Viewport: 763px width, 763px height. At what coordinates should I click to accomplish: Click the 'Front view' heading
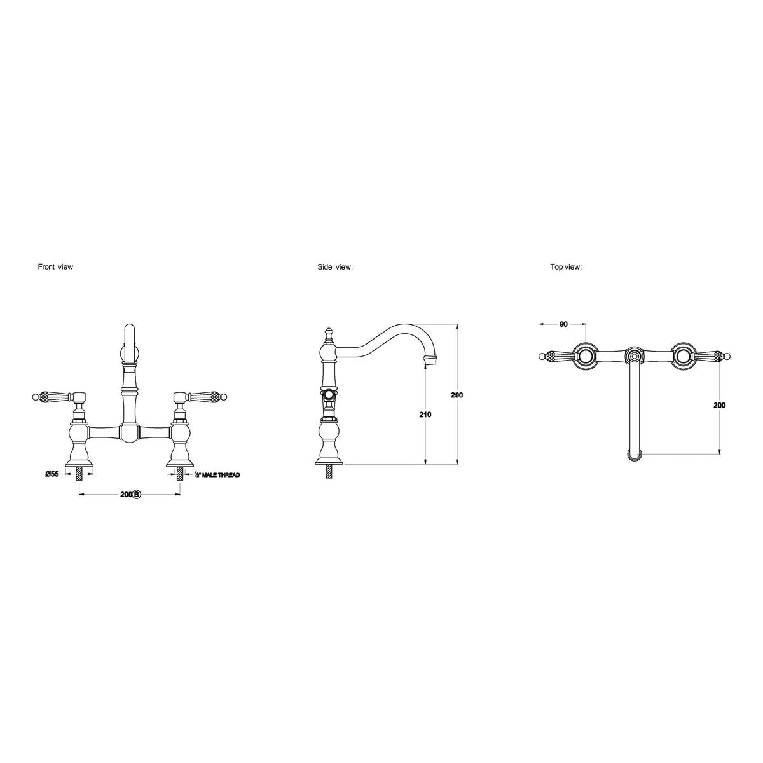point(55,267)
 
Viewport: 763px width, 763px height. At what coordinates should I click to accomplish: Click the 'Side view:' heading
point(335,267)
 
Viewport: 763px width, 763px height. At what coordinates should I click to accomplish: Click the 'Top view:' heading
point(566,267)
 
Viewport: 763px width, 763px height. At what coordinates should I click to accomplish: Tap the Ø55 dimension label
point(52,474)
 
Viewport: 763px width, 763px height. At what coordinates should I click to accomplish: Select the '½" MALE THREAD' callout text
point(217,474)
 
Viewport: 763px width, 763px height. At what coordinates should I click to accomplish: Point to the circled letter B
point(136,494)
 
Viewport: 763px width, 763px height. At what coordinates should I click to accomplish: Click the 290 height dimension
point(457,395)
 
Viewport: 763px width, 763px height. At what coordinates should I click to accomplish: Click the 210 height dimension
point(425,415)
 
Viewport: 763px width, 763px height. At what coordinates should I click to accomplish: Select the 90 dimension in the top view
point(563,335)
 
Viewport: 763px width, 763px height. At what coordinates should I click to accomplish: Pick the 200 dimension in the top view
point(719,405)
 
